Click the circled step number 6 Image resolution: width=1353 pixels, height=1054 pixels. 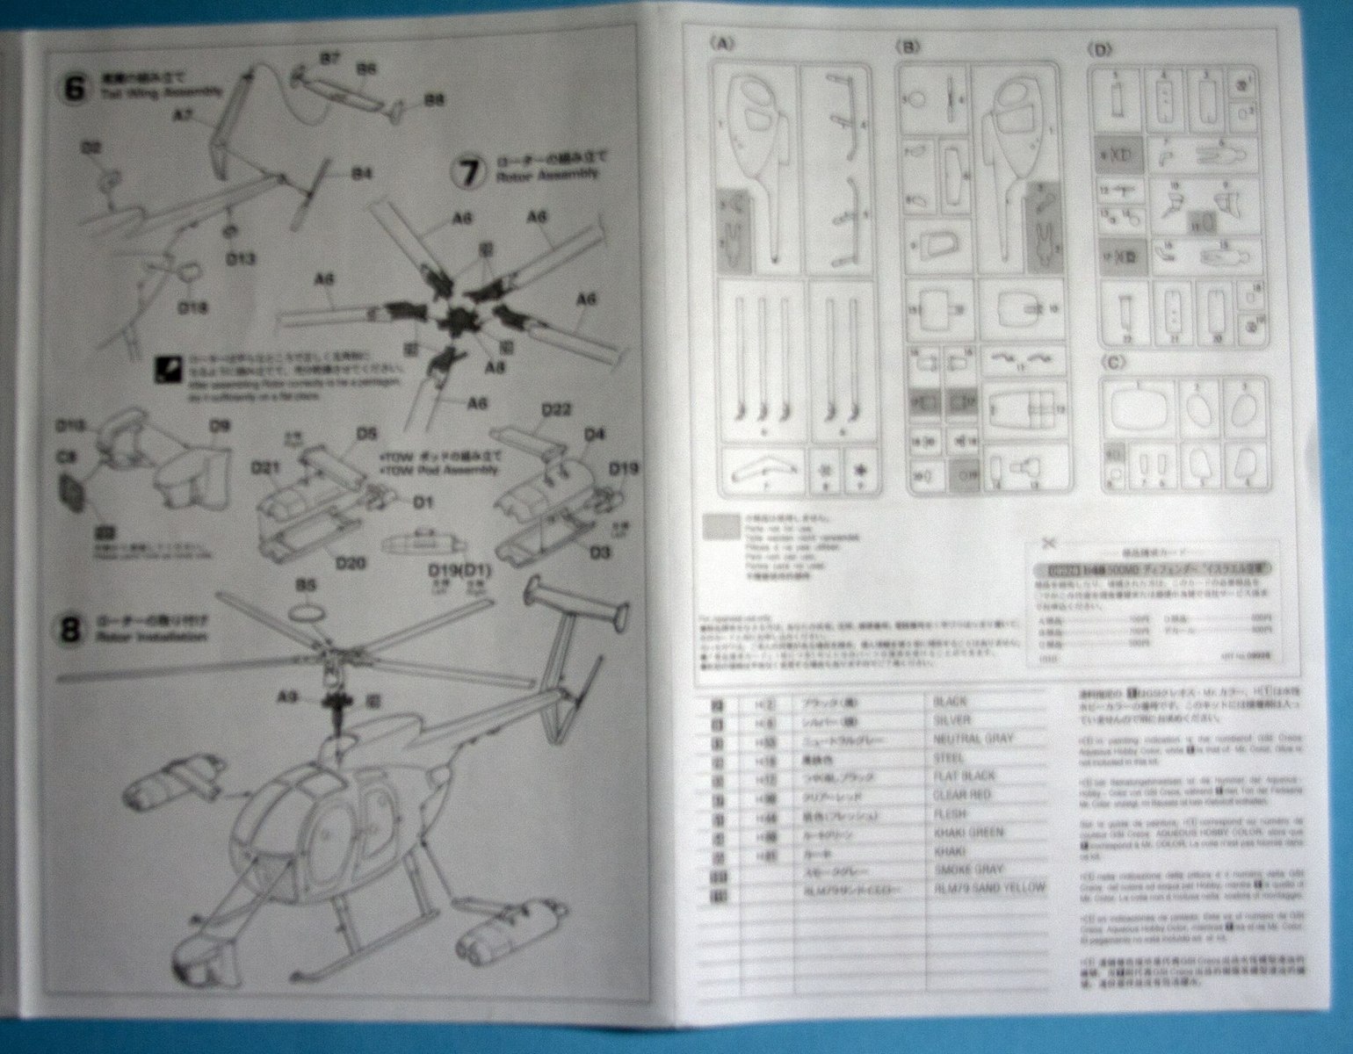pyautogui.click(x=76, y=89)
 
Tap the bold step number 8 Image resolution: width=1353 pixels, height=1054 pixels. pyautogui.click(x=72, y=630)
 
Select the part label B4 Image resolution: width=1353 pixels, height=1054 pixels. pyautogui.click(x=362, y=174)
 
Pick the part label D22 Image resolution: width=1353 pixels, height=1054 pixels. pyautogui.click(x=557, y=409)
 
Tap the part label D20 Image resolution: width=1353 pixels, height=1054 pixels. pyautogui.click(x=350, y=562)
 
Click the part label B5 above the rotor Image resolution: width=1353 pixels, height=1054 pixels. pyautogui.click(x=306, y=583)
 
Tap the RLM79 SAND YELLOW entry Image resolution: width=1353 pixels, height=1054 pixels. pyautogui.click(x=990, y=888)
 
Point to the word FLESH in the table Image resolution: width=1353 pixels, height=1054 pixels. pyautogui.click(x=950, y=814)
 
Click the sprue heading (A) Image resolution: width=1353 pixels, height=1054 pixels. pyautogui.click(x=722, y=44)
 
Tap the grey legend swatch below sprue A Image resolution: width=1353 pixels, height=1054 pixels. pyautogui.click(x=721, y=526)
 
